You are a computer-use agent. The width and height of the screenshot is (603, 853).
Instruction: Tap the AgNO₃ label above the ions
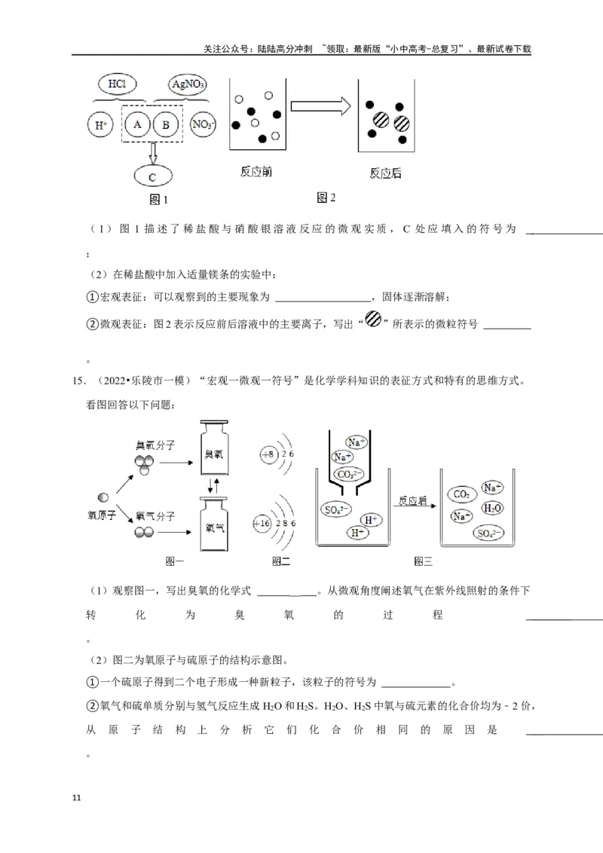point(188,83)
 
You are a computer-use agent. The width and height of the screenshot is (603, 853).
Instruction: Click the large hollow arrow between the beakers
point(320,108)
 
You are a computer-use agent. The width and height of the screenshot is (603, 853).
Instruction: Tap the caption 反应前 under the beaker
point(256,173)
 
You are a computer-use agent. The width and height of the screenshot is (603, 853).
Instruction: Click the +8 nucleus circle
point(268,454)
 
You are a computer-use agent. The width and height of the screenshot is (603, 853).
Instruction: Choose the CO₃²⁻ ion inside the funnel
point(350,475)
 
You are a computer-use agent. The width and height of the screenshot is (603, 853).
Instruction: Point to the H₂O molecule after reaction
point(492,509)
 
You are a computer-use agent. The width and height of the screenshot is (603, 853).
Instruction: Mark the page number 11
point(75,798)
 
